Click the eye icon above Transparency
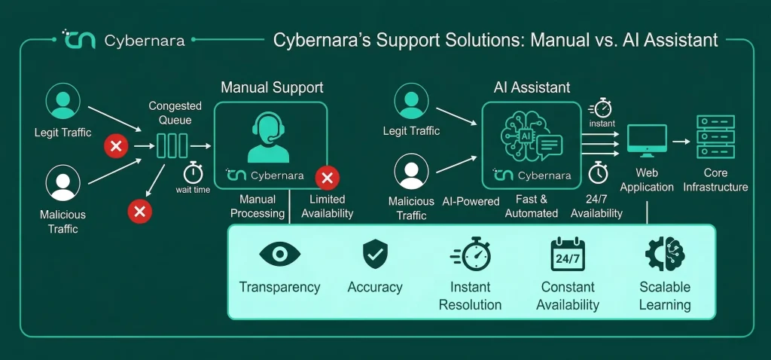279,254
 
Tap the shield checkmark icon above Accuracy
375,254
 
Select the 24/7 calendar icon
568,255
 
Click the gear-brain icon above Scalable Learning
666,254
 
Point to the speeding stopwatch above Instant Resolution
471,254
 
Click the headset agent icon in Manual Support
268,137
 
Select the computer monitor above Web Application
647,141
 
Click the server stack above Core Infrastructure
715,136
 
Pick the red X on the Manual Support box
327,178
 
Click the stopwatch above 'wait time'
194,172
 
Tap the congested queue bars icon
172,145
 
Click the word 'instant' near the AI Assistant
602,124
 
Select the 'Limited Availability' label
327,206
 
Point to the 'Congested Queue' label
168,113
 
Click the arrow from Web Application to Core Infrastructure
681,142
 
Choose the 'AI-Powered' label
471,201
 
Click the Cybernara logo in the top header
124,39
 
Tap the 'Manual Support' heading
272,87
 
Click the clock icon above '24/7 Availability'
598,172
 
